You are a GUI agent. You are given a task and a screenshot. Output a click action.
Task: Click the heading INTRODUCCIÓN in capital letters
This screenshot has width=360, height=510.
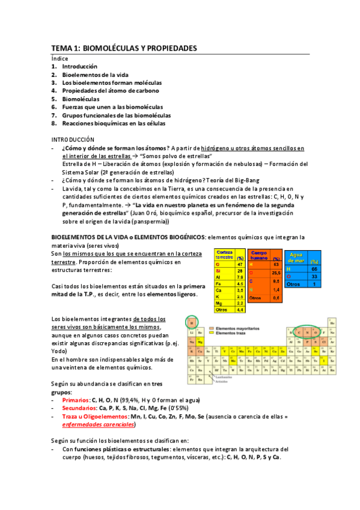pos(73,140)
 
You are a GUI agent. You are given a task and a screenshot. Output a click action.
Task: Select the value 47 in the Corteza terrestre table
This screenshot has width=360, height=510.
pos(240,264)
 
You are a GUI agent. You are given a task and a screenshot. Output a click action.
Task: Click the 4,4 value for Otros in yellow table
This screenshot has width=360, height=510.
pos(240,310)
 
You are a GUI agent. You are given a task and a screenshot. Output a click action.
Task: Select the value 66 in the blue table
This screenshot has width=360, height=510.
pos(314,268)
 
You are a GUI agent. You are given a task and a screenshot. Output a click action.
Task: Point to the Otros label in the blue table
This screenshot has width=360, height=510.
pos(293,284)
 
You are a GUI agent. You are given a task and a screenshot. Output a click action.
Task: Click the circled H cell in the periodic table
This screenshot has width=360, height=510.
pos(191,323)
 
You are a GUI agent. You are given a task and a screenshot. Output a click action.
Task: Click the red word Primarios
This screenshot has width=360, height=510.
pos(75,399)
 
